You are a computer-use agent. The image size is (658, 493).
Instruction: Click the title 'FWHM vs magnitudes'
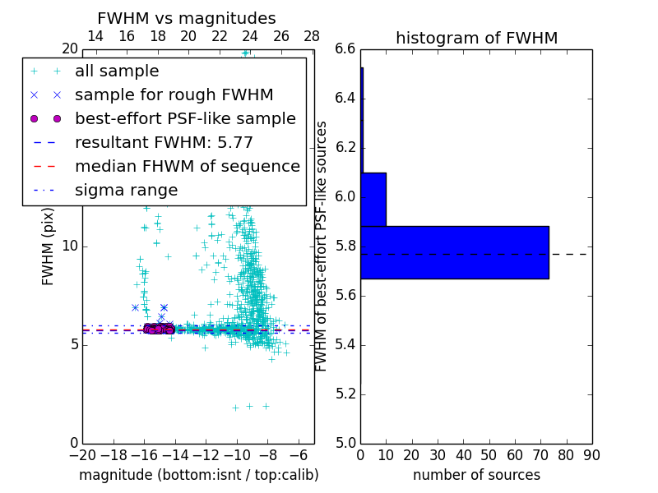(x=186, y=19)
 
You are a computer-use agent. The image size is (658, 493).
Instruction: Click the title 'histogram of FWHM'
(x=476, y=38)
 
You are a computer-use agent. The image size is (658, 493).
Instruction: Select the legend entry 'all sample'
(x=117, y=71)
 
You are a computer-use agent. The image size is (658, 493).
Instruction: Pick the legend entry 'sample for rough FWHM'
(x=174, y=94)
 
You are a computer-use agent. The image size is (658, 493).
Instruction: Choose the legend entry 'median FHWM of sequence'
(x=187, y=166)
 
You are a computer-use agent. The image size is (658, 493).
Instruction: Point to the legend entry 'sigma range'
(x=126, y=190)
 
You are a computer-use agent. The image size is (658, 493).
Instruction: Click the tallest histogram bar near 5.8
(x=454, y=252)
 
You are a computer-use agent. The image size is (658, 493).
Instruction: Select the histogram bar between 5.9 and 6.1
(x=373, y=199)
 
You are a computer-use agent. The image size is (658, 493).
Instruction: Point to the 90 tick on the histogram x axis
(x=591, y=455)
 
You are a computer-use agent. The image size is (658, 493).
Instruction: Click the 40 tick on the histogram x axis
(x=463, y=455)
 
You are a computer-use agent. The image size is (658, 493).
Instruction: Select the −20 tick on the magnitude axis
(x=82, y=455)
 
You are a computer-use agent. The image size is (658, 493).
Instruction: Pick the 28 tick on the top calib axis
(x=312, y=36)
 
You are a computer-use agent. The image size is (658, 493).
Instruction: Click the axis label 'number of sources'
(x=476, y=475)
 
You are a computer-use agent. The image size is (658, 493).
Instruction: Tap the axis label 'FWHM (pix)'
(x=49, y=246)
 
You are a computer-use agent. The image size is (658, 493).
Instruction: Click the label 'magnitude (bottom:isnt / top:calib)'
(x=198, y=475)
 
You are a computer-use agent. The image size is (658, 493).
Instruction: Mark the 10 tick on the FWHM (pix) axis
(x=69, y=246)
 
